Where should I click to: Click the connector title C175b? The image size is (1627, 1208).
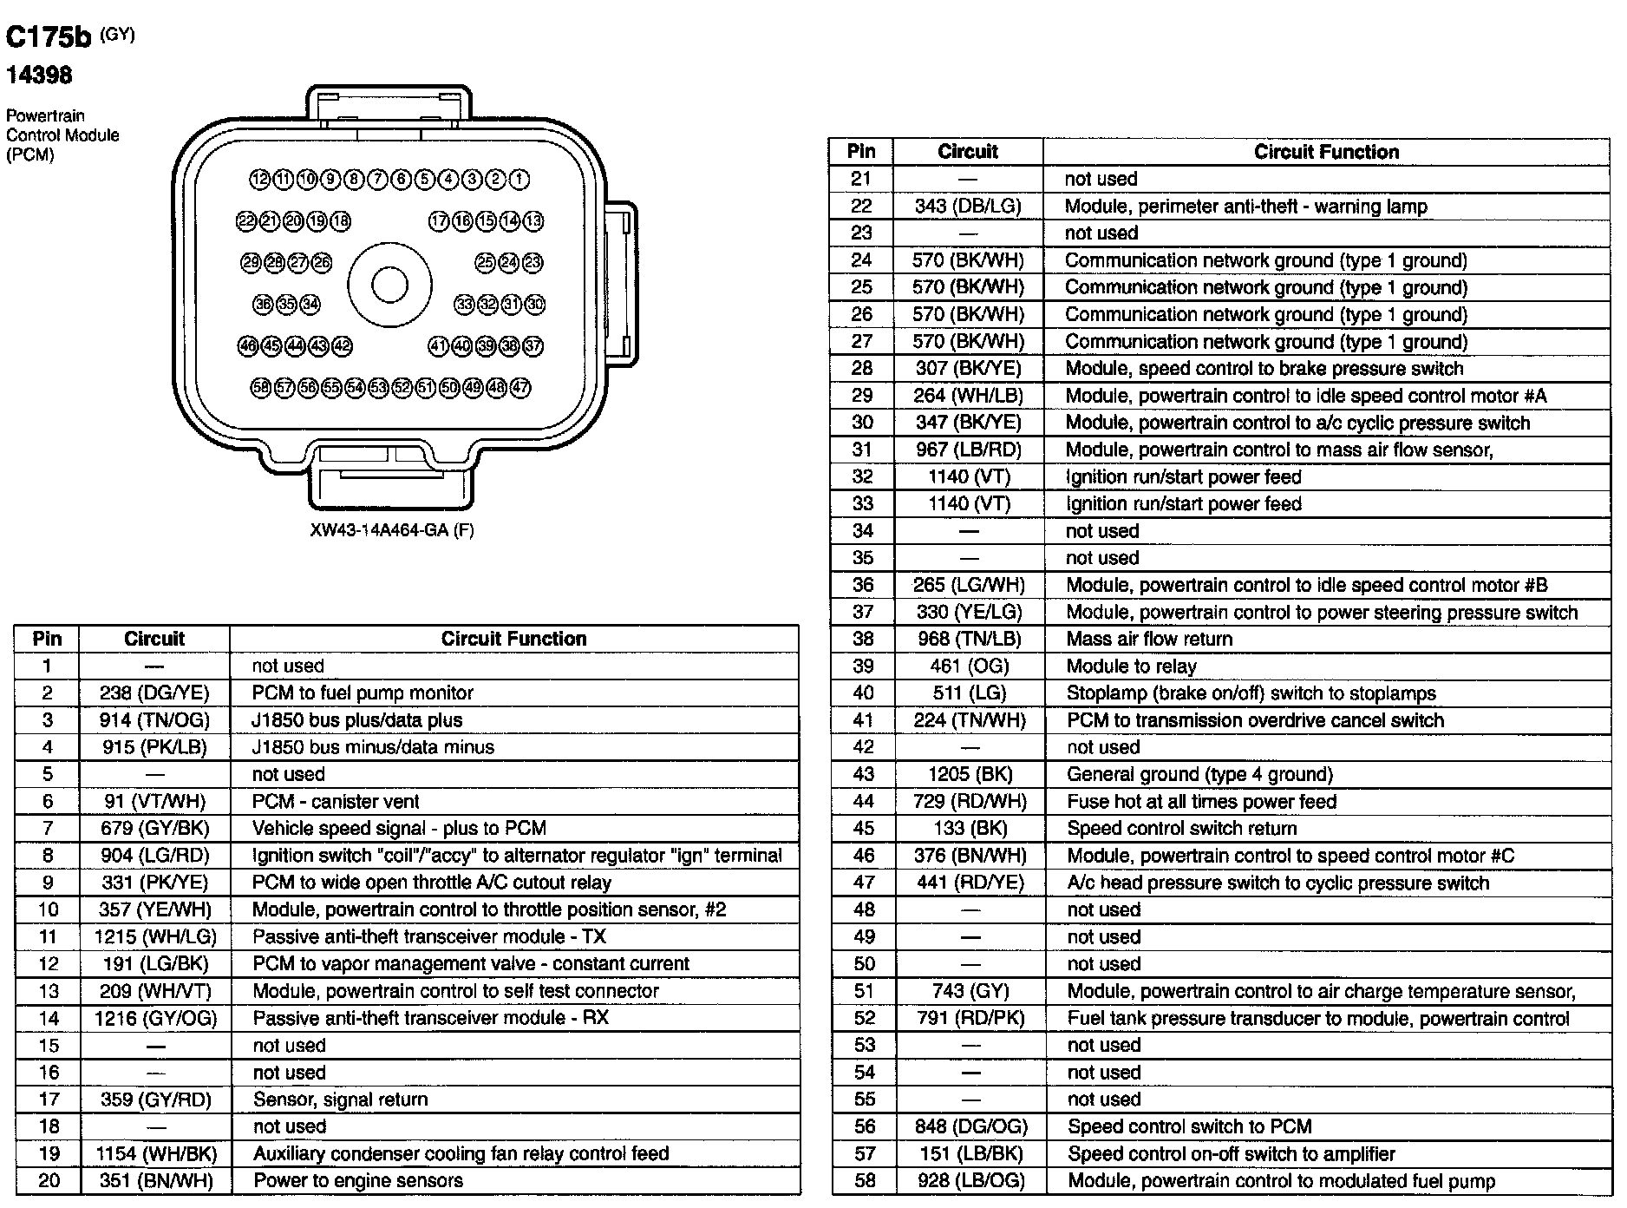tap(49, 37)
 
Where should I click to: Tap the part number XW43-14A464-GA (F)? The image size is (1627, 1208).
tap(392, 529)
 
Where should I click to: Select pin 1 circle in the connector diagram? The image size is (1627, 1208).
tap(519, 180)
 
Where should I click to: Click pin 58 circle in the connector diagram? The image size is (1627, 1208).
tap(261, 388)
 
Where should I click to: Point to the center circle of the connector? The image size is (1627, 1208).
tap(389, 285)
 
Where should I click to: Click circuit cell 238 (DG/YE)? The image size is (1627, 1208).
tap(154, 693)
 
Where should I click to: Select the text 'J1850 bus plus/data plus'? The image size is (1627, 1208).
tap(356, 720)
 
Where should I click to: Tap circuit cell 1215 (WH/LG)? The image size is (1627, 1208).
tap(154, 936)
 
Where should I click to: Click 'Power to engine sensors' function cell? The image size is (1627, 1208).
tap(357, 1180)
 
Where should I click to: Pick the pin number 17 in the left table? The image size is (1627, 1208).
tap(48, 1100)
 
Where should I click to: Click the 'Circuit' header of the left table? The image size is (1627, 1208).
tap(154, 639)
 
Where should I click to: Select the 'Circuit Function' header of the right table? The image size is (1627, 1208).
tap(1326, 152)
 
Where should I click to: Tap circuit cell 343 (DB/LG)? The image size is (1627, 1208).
tap(968, 207)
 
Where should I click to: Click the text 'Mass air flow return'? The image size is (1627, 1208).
tap(1149, 639)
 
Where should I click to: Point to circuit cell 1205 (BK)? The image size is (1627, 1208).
tap(970, 774)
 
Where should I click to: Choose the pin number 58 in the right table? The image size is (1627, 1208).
tap(863, 1180)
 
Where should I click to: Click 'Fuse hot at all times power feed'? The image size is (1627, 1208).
tap(1201, 801)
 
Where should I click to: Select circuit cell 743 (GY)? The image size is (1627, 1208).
tap(970, 991)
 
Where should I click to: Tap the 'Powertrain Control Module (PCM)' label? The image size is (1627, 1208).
tap(62, 135)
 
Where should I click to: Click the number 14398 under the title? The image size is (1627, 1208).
tap(39, 75)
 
